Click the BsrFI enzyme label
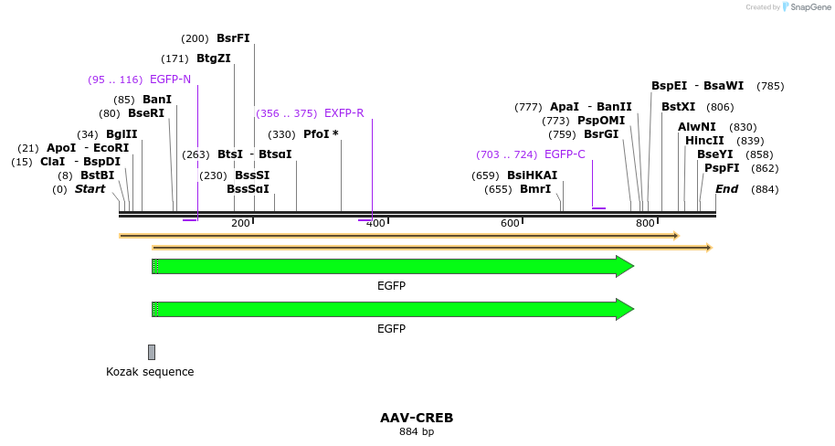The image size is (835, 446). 233,38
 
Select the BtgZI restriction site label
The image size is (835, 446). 214,58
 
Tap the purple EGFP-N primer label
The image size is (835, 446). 170,80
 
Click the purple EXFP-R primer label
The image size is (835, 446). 344,113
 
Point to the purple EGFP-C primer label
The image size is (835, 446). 565,154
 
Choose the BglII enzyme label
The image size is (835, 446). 122,134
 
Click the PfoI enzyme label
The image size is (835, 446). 321,134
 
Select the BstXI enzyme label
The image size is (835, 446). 678,107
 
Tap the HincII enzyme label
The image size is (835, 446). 704,141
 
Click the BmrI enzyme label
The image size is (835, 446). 535,189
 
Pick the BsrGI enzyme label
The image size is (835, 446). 601,134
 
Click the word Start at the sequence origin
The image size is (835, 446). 90,189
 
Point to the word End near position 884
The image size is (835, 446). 727,189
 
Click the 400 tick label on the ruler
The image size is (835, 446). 375,223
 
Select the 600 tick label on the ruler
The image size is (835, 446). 510,223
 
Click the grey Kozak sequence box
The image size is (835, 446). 152,352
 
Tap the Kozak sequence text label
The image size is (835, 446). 150,372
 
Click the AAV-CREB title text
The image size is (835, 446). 417,418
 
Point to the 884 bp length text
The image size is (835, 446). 417,431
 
